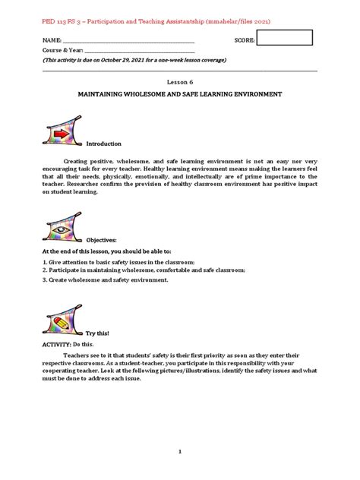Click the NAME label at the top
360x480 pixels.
52,40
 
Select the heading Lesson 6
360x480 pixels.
180,81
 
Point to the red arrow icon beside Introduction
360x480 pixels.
61,134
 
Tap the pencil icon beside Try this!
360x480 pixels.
62,324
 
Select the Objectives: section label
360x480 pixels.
103,238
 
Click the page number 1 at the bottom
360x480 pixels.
180,452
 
